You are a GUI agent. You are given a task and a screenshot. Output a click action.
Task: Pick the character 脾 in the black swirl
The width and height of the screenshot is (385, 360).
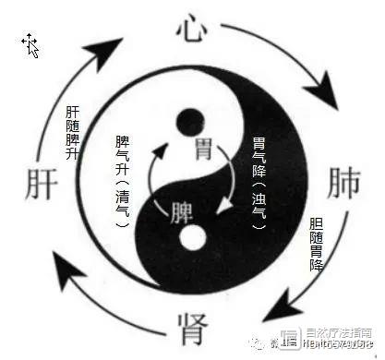pyautogui.click(x=182, y=211)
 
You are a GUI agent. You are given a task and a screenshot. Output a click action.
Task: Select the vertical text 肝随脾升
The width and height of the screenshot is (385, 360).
pyautogui.click(x=73, y=128)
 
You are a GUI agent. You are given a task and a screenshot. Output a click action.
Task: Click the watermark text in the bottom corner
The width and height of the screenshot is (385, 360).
pyautogui.click(x=342, y=346)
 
